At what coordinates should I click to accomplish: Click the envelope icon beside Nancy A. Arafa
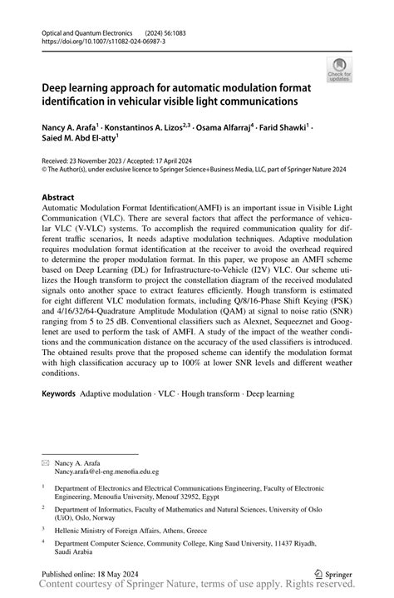coord(46,460)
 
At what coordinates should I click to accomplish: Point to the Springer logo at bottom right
coord(333,573)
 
